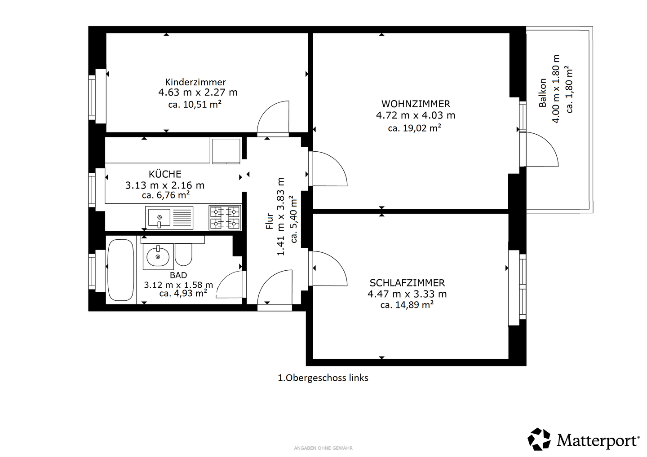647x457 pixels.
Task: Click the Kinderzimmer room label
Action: click(195, 82)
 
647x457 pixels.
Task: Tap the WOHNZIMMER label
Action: click(416, 104)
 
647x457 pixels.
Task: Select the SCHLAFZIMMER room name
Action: click(407, 283)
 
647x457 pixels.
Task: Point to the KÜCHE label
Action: click(165, 174)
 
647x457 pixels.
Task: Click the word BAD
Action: click(178, 275)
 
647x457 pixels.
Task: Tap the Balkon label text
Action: click(543, 92)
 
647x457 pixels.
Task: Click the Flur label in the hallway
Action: click(270, 221)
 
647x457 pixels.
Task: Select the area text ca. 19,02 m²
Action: click(414, 128)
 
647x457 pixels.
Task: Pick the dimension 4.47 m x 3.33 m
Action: click(407, 294)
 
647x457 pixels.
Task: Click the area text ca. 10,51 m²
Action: click(195, 104)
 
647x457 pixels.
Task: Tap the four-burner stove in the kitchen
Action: click(225, 218)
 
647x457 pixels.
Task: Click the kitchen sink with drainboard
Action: click(169, 218)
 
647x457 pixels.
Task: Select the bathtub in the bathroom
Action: click(121, 270)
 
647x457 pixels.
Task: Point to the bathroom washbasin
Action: click(158, 256)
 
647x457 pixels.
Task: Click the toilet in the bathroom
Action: click(183, 255)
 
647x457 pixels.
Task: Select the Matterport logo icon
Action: click(539, 439)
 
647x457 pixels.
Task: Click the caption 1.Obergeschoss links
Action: click(323, 378)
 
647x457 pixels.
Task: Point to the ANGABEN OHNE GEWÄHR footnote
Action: click(323, 448)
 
